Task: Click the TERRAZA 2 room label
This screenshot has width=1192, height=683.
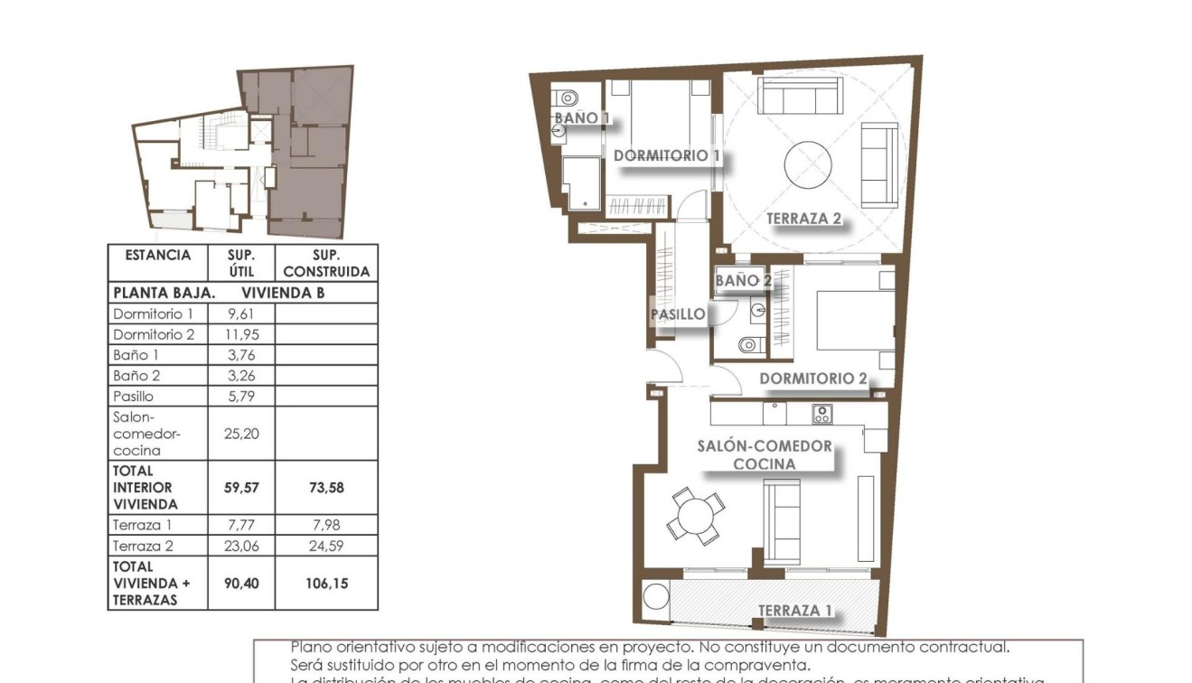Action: point(803,219)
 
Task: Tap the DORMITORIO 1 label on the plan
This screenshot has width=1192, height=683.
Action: point(667,155)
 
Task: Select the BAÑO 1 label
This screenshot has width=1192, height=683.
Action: point(582,117)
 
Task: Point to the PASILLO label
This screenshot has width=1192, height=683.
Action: point(678,314)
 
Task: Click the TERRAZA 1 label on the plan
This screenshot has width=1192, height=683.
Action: point(795,611)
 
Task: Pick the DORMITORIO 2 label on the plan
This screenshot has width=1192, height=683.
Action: point(813,379)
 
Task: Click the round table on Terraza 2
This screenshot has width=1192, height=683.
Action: point(808,165)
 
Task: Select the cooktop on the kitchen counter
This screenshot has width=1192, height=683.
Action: point(821,415)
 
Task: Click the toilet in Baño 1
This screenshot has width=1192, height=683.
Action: point(568,97)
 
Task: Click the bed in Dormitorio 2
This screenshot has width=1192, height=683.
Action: point(854,321)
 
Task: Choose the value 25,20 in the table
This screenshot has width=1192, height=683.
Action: point(241,434)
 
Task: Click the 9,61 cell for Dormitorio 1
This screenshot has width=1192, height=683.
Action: point(241,314)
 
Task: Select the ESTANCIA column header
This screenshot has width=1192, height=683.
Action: point(158,255)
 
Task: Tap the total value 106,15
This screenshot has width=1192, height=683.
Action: point(326,584)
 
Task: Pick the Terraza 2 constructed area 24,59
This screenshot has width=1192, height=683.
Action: point(326,546)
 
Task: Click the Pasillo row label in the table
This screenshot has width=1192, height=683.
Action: point(134,396)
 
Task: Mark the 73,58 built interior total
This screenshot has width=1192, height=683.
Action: point(326,488)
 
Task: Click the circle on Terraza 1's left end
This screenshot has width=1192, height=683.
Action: point(654,597)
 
